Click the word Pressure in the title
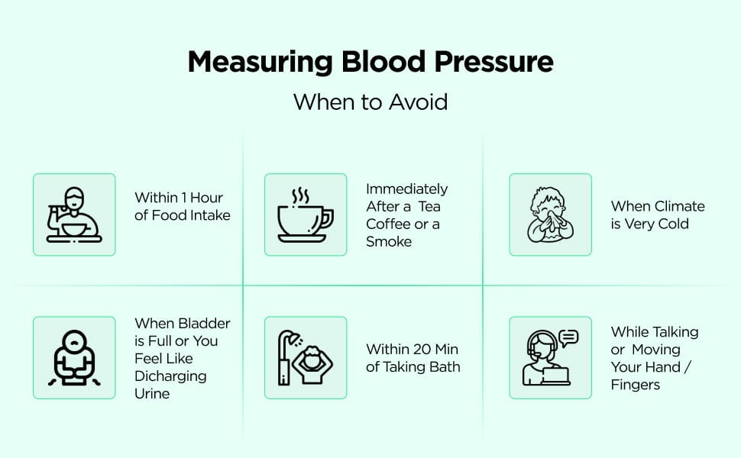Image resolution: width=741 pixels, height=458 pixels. (493, 63)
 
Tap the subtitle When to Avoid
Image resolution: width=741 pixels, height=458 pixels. (370, 102)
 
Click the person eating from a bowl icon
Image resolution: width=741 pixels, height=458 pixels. (74, 214)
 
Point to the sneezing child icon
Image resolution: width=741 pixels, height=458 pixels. (550, 214)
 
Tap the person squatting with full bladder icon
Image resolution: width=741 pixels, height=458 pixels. (74, 358)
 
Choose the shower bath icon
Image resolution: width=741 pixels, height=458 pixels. (306, 358)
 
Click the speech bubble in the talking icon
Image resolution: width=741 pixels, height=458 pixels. (568, 338)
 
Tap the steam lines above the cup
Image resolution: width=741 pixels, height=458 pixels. (300, 195)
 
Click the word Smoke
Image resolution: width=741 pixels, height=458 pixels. (389, 242)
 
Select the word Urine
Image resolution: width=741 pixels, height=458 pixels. (152, 394)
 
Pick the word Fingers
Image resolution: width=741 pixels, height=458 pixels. (635, 385)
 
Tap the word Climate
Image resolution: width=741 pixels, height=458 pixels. (680, 206)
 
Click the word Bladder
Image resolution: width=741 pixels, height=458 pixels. (205, 324)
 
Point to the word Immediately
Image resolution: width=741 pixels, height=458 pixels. (406, 189)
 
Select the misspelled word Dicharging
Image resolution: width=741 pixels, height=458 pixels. (170, 377)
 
